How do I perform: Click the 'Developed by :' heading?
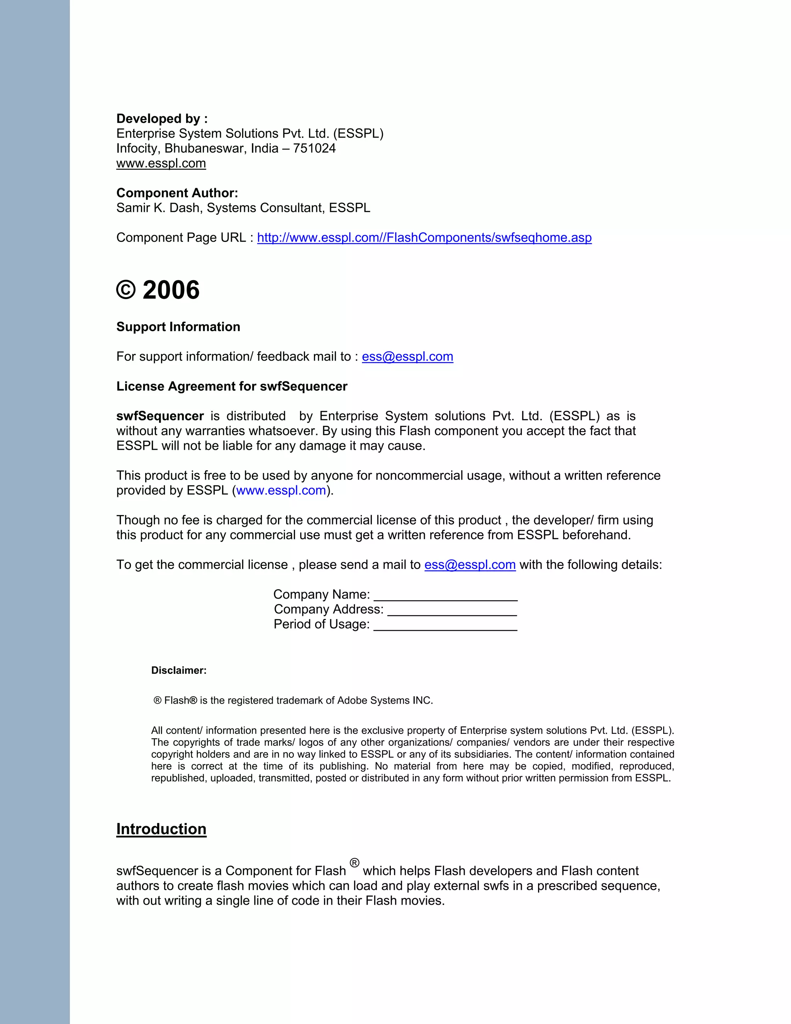pos(162,119)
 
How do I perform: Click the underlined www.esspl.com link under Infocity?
pos(161,163)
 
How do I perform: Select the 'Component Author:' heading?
pos(177,193)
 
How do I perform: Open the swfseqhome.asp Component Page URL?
pos(424,238)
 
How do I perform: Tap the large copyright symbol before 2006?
pos(126,290)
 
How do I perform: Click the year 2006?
pos(171,290)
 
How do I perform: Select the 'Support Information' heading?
pos(178,327)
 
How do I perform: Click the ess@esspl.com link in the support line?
pos(407,356)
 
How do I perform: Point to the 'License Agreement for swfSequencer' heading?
pos(231,386)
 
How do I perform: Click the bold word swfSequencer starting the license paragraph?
pos(160,416)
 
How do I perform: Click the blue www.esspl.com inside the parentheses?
pos(281,490)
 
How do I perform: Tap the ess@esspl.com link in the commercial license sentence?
pos(470,565)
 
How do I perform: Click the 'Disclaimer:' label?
pos(178,670)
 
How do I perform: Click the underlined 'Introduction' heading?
pos(161,829)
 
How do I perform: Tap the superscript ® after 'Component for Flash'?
pos(354,863)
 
